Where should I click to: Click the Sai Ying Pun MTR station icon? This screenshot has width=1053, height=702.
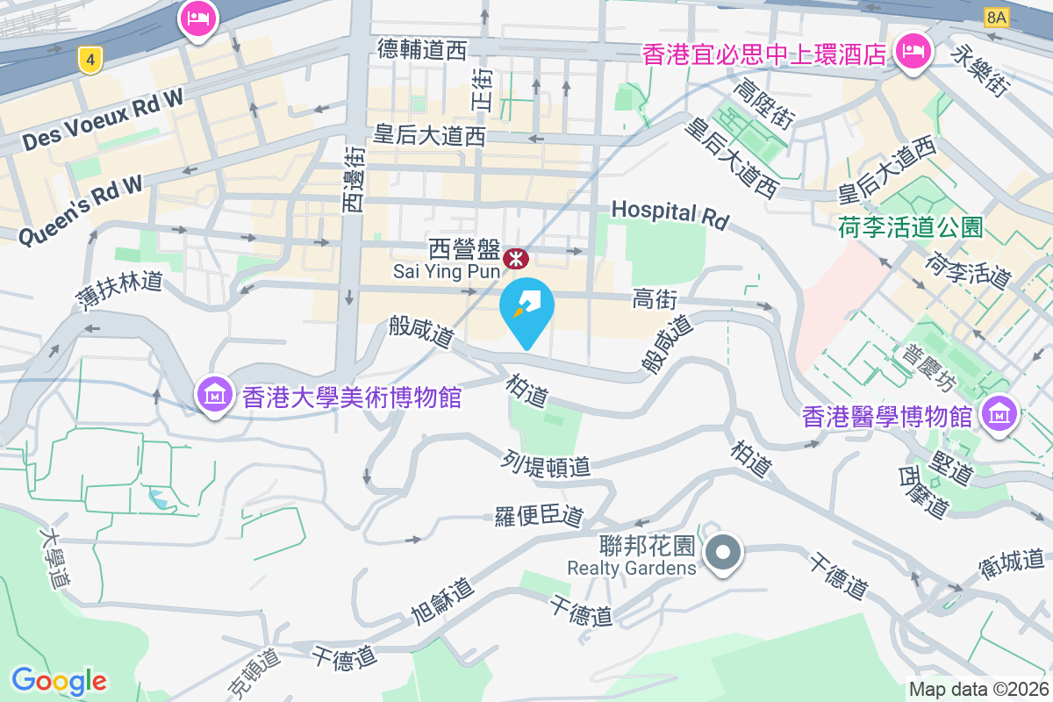515,259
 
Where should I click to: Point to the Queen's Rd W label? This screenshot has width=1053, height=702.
80,210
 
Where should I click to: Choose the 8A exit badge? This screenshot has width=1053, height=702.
997,17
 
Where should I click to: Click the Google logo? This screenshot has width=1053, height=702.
59,681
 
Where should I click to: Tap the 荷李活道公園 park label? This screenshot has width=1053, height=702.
909,228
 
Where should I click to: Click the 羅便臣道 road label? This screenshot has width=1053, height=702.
538,516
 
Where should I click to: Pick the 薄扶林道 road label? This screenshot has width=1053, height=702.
118,293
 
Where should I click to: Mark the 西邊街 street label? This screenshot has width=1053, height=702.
353,180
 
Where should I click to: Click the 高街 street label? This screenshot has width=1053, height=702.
654,300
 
